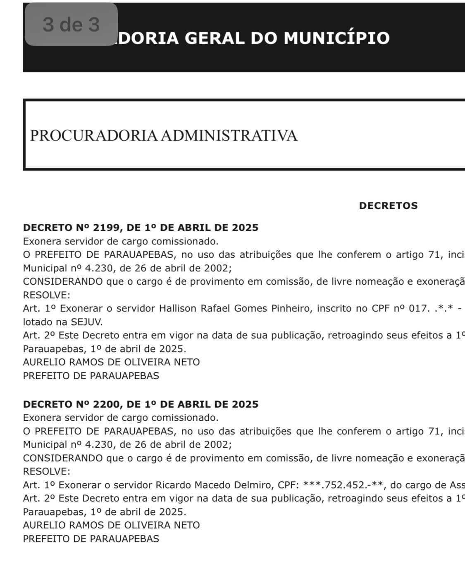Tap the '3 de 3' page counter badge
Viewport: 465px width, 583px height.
pos(71,24)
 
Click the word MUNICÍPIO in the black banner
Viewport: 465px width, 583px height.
pos(336,38)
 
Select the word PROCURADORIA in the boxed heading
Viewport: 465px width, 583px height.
pos(94,135)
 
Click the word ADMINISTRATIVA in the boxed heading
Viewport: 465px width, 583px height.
pos(229,135)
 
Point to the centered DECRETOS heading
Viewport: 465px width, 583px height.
pos(388,206)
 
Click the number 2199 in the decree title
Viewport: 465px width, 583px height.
pos(106,228)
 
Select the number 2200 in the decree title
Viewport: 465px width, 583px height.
pos(106,404)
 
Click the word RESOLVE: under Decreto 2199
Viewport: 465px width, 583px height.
pos(46,295)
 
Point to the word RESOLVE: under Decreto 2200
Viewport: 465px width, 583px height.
pos(46,471)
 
